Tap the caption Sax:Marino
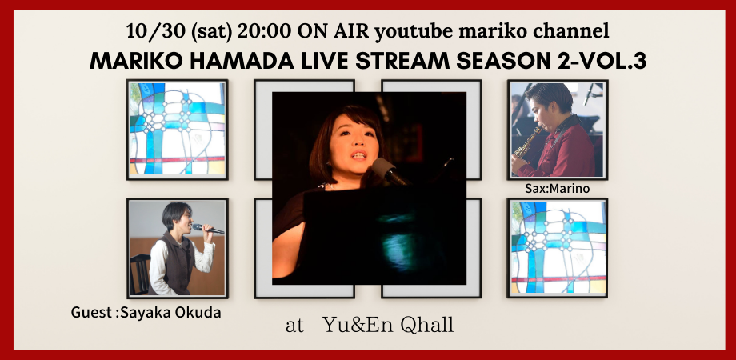click(x=557, y=189)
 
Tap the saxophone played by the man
click(x=527, y=142)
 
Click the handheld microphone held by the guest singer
click(x=208, y=229)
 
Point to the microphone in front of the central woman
click(x=389, y=171)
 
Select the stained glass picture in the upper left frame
click(x=178, y=129)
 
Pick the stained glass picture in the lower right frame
click(x=558, y=247)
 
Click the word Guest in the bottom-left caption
click(x=91, y=312)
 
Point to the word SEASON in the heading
click(x=506, y=61)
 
